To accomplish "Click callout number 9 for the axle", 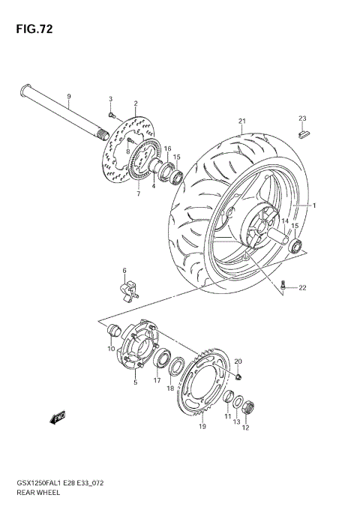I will click(68, 97).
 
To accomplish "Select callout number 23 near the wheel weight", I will click(303, 118).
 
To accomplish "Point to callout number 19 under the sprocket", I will click(202, 427).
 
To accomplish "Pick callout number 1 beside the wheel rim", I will click(314, 205).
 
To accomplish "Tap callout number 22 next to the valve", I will click(302, 288).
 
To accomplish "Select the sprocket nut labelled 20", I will click(239, 375).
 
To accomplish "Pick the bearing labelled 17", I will click(160, 358).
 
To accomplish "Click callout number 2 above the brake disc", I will click(136, 103).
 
